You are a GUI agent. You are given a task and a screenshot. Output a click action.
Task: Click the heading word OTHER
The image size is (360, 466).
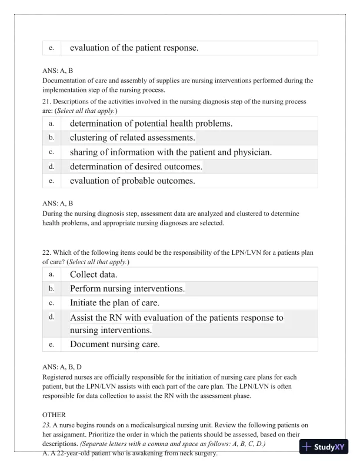[55, 415]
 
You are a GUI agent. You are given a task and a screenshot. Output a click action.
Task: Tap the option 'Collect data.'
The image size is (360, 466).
[94, 274]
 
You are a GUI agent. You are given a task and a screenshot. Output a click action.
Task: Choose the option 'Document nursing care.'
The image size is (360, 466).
[115, 344]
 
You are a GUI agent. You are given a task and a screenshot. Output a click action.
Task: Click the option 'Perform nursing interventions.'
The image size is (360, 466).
[127, 289]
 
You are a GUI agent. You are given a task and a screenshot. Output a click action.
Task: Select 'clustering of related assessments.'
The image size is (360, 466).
[132, 138]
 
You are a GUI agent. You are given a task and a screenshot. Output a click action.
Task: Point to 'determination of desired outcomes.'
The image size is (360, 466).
[136, 167]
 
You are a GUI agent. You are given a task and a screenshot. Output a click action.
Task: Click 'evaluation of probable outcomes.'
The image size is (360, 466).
[132, 181]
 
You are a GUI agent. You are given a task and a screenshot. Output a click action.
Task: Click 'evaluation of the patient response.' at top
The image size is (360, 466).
[134, 48]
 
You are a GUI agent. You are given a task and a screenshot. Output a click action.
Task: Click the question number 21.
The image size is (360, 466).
[47, 102]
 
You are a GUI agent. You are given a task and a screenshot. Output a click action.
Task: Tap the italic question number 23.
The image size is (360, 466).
[47, 425]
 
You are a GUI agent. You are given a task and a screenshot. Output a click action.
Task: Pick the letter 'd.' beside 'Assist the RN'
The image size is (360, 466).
[51, 317]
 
